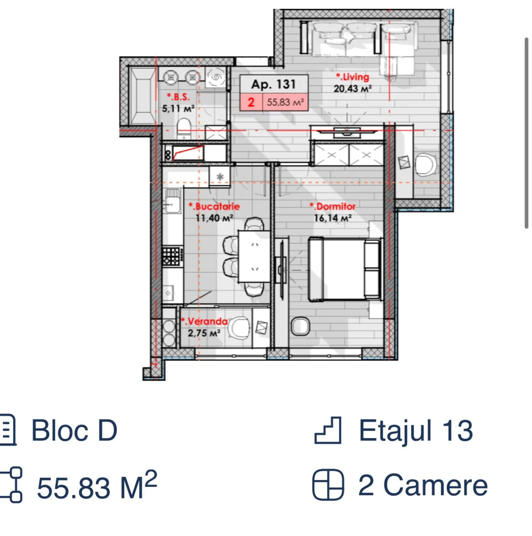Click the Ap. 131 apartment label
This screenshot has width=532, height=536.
tap(273, 84)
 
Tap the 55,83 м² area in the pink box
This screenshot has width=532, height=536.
tap(285, 102)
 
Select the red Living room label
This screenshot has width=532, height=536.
tap(352, 77)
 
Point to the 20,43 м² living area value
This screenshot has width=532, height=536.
tap(352, 89)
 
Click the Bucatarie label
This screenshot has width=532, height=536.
tap(214, 206)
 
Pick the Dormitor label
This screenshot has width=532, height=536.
tap(333, 206)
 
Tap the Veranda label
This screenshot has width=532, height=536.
tap(204, 322)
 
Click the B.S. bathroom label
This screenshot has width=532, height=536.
tap(178, 97)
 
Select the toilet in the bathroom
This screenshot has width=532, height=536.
tap(184, 128)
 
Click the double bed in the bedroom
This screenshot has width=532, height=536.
tap(344, 269)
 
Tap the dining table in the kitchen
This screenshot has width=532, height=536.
tap(254, 256)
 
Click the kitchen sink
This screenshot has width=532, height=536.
tap(172, 201)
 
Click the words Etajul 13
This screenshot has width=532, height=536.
tap(416, 431)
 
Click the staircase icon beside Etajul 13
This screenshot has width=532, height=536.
tap(328, 430)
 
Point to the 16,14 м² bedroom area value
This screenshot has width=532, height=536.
tap(333, 218)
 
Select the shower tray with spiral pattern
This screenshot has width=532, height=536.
tap(216, 77)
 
